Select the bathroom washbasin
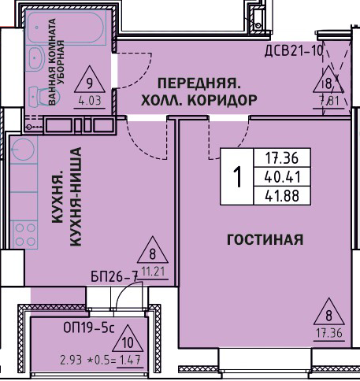[37, 58]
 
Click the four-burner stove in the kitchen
[24, 235]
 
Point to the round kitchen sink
[24, 149]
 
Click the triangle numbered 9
[90, 80]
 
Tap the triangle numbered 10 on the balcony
[128, 338]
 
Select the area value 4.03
[90, 101]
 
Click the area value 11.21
[154, 272]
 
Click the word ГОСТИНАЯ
[265, 239]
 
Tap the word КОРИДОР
[222, 100]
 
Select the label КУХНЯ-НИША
[76, 197]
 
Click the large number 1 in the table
[237, 177]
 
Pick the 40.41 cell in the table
[282, 177]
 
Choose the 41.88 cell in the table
[282, 196]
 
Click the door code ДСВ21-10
[294, 50]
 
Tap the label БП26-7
[114, 276]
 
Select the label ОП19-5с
[89, 327]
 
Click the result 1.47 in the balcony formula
[130, 360]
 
